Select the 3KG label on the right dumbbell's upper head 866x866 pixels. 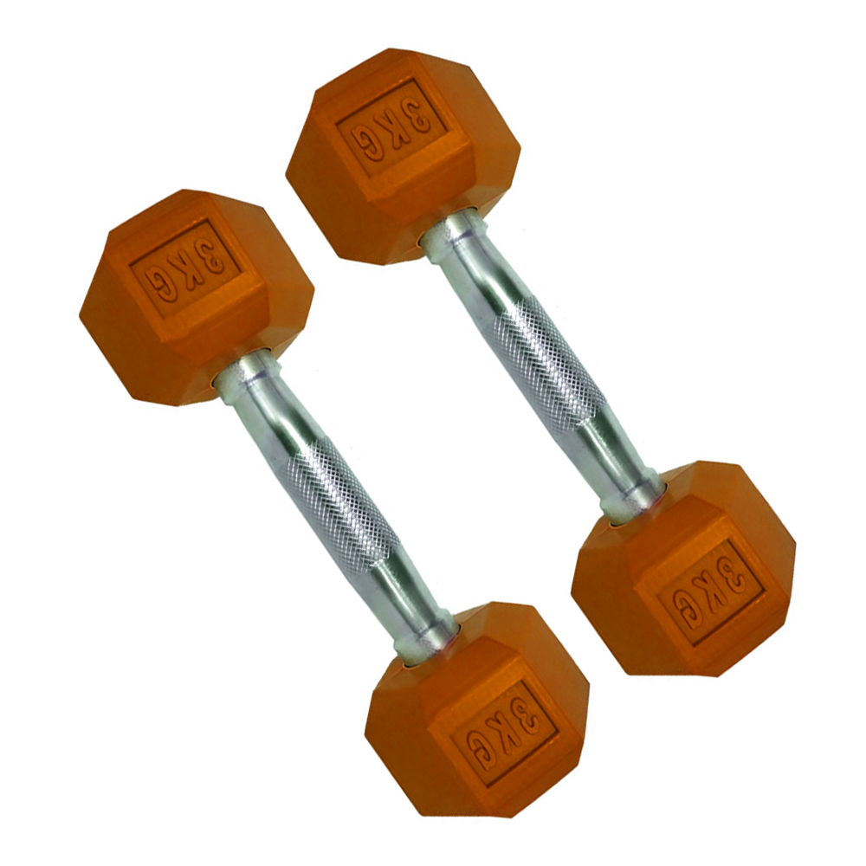[x=391, y=126]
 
